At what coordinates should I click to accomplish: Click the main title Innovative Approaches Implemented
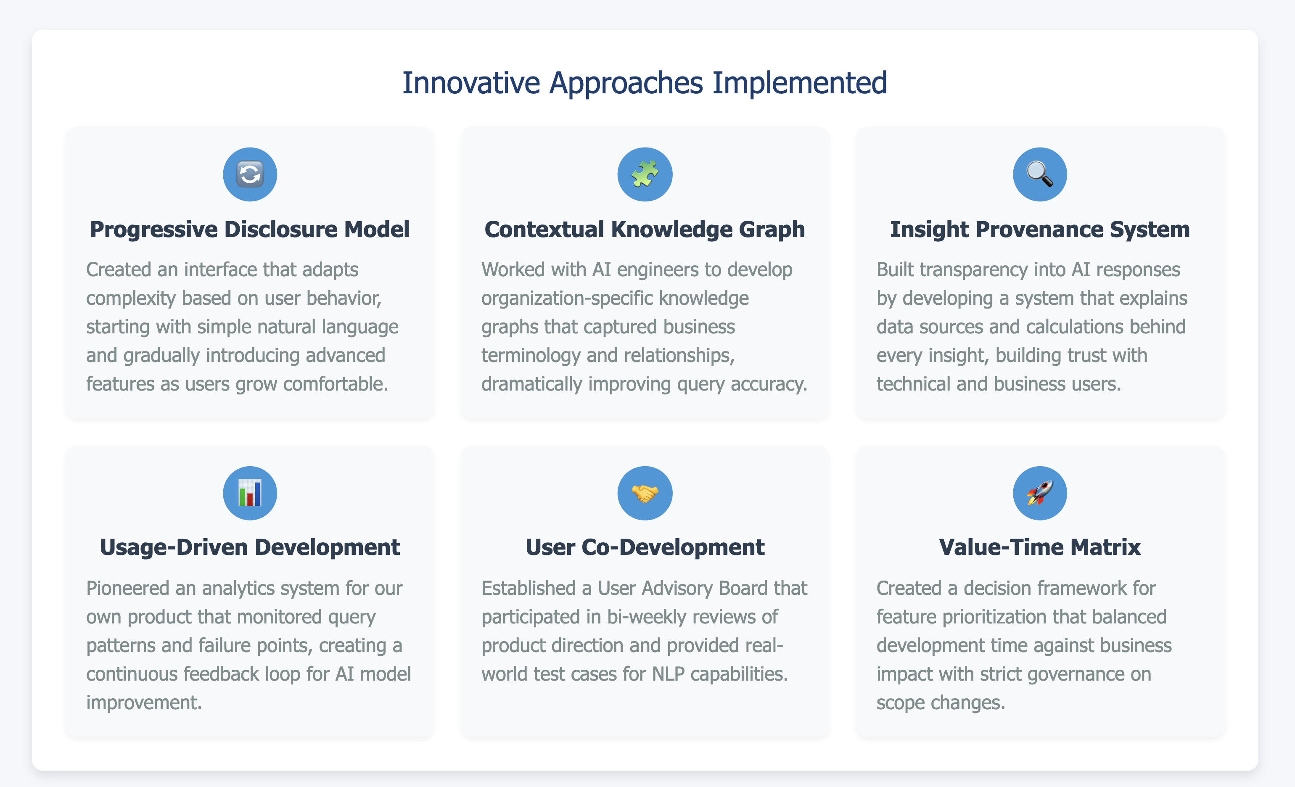pyautogui.click(x=644, y=83)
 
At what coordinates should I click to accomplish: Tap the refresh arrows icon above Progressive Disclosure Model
pyautogui.click(x=250, y=174)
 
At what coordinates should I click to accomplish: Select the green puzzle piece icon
pyautogui.click(x=645, y=174)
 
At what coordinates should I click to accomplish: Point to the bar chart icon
pyautogui.click(x=250, y=493)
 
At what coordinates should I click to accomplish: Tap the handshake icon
pyautogui.click(x=645, y=493)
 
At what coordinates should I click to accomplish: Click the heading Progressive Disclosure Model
pyautogui.click(x=250, y=230)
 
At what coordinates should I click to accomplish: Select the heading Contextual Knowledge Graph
pyautogui.click(x=645, y=230)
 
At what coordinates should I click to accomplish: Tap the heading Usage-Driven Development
pyautogui.click(x=250, y=547)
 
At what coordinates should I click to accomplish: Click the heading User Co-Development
pyautogui.click(x=645, y=547)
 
